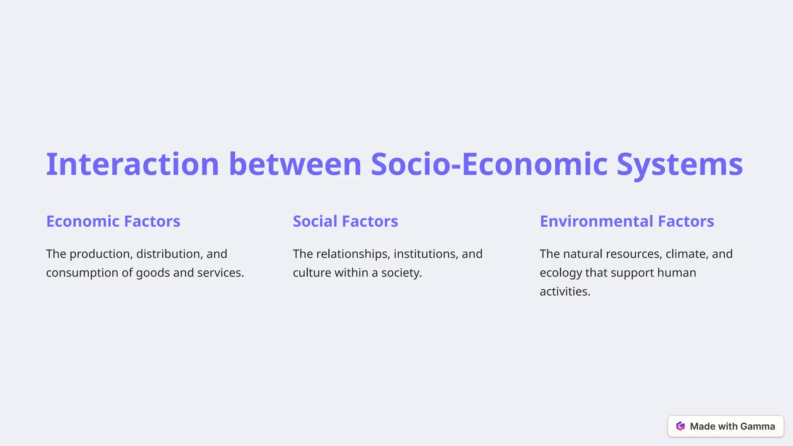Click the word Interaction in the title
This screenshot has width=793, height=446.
[132, 164]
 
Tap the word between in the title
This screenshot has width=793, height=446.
[295, 164]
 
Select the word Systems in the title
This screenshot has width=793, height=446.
[680, 164]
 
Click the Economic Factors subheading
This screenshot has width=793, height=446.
[113, 221]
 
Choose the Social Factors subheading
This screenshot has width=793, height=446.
[345, 221]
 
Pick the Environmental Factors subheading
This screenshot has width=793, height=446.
[627, 221]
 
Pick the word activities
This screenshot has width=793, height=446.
[565, 292]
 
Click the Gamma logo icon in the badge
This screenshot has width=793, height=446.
[680, 426]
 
